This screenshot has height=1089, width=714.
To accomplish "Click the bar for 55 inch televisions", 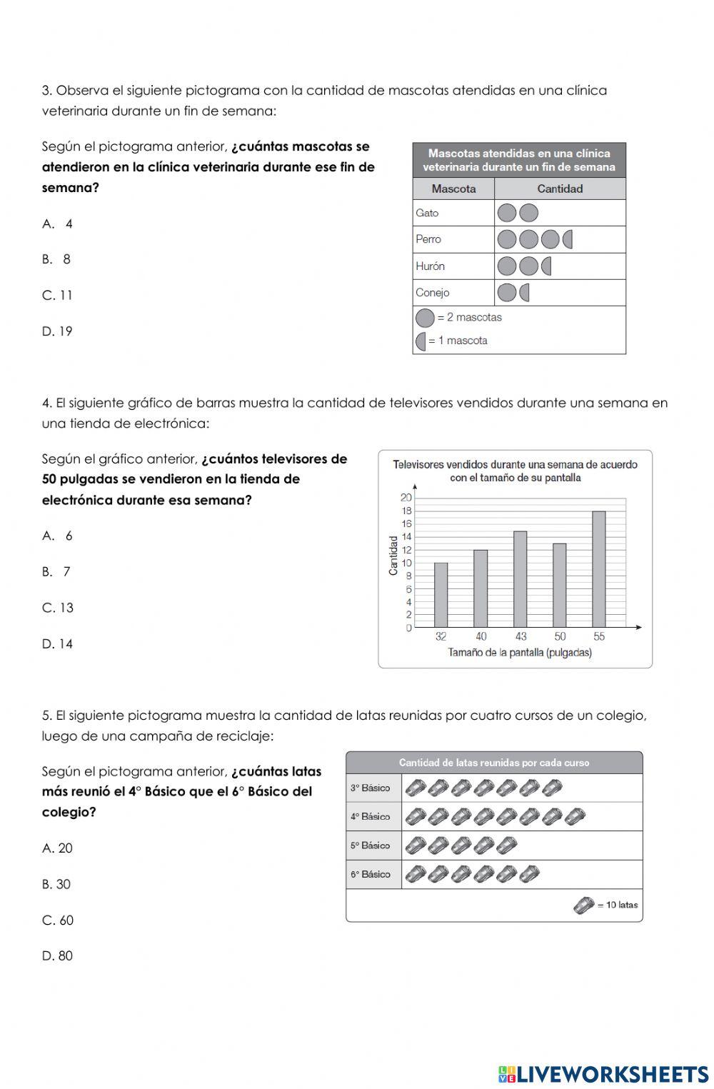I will click(x=598, y=569).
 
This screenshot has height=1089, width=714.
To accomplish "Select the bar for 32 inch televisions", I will click(x=441, y=595).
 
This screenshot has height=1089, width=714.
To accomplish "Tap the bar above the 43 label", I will click(x=521, y=579).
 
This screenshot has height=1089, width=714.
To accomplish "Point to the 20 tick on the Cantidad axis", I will click(x=406, y=497).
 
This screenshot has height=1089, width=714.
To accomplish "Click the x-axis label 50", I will click(x=560, y=636).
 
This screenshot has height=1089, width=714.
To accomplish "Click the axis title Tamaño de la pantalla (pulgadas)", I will click(x=519, y=653).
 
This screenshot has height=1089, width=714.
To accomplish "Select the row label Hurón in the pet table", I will click(x=431, y=266).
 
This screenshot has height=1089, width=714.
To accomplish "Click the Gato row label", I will click(x=427, y=213).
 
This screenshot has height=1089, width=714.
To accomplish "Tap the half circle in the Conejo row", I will click(x=525, y=292).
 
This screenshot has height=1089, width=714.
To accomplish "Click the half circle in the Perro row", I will click(x=568, y=239).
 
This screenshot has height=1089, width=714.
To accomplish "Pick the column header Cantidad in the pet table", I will click(x=560, y=189).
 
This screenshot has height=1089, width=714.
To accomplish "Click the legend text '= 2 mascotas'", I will click(x=469, y=317).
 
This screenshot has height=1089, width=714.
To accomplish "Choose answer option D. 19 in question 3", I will click(x=57, y=331).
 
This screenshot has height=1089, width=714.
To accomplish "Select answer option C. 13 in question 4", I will click(x=58, y=608).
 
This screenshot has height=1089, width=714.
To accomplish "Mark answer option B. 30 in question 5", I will click(x=56, y=884).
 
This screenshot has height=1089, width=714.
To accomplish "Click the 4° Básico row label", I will click(x=370, y=816).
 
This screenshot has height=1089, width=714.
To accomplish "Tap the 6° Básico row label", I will click(x=370, y=874).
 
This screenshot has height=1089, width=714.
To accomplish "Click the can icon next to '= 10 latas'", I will click(x=583, y=905).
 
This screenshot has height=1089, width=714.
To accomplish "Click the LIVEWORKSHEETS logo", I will click(x=603, y=1074).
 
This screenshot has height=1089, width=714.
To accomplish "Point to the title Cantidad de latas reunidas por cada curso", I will click(x=494, y=763).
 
